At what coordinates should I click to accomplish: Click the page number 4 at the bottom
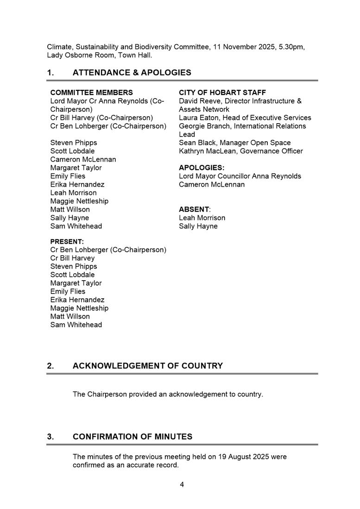182,485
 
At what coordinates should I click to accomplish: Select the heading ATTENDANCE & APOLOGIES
132,73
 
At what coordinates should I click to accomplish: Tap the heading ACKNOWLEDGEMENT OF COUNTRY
147,366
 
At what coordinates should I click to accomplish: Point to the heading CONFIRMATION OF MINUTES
132,437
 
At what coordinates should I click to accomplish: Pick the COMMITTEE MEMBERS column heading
91,93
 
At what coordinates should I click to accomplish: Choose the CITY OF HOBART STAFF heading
222,93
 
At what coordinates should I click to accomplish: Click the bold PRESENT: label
67,241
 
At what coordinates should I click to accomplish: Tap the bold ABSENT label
194,209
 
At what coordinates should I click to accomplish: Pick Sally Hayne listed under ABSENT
198,226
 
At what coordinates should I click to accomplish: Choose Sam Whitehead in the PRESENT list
76,325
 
